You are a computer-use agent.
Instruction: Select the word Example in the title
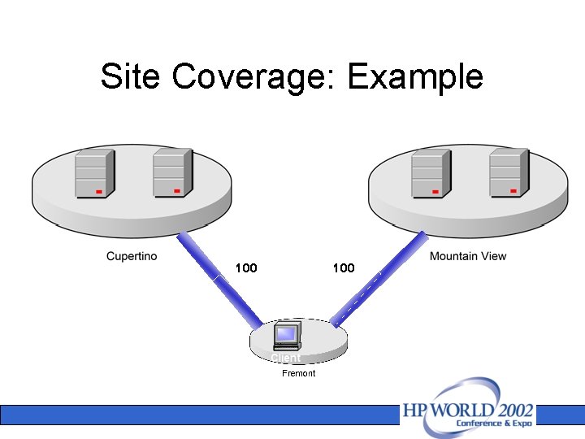click(415, 77)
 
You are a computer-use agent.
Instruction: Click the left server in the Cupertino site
click(93, 174)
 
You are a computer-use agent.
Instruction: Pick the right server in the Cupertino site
click(171, 172)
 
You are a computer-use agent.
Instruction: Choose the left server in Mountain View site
click(430, 174)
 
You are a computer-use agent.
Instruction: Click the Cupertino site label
click(132, 257)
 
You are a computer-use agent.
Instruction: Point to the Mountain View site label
click(468, 257)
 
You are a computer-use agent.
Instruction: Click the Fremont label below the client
click(298, 373)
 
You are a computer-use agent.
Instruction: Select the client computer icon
click(287, 336)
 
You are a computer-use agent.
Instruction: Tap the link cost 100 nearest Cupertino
click(245, 268)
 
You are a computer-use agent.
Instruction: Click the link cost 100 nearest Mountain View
click(344, 268)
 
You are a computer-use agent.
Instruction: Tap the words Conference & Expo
click(494, 424)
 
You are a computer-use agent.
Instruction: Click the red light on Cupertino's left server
click(98, 192)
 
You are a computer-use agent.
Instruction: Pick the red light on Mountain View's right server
click(513, 191)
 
